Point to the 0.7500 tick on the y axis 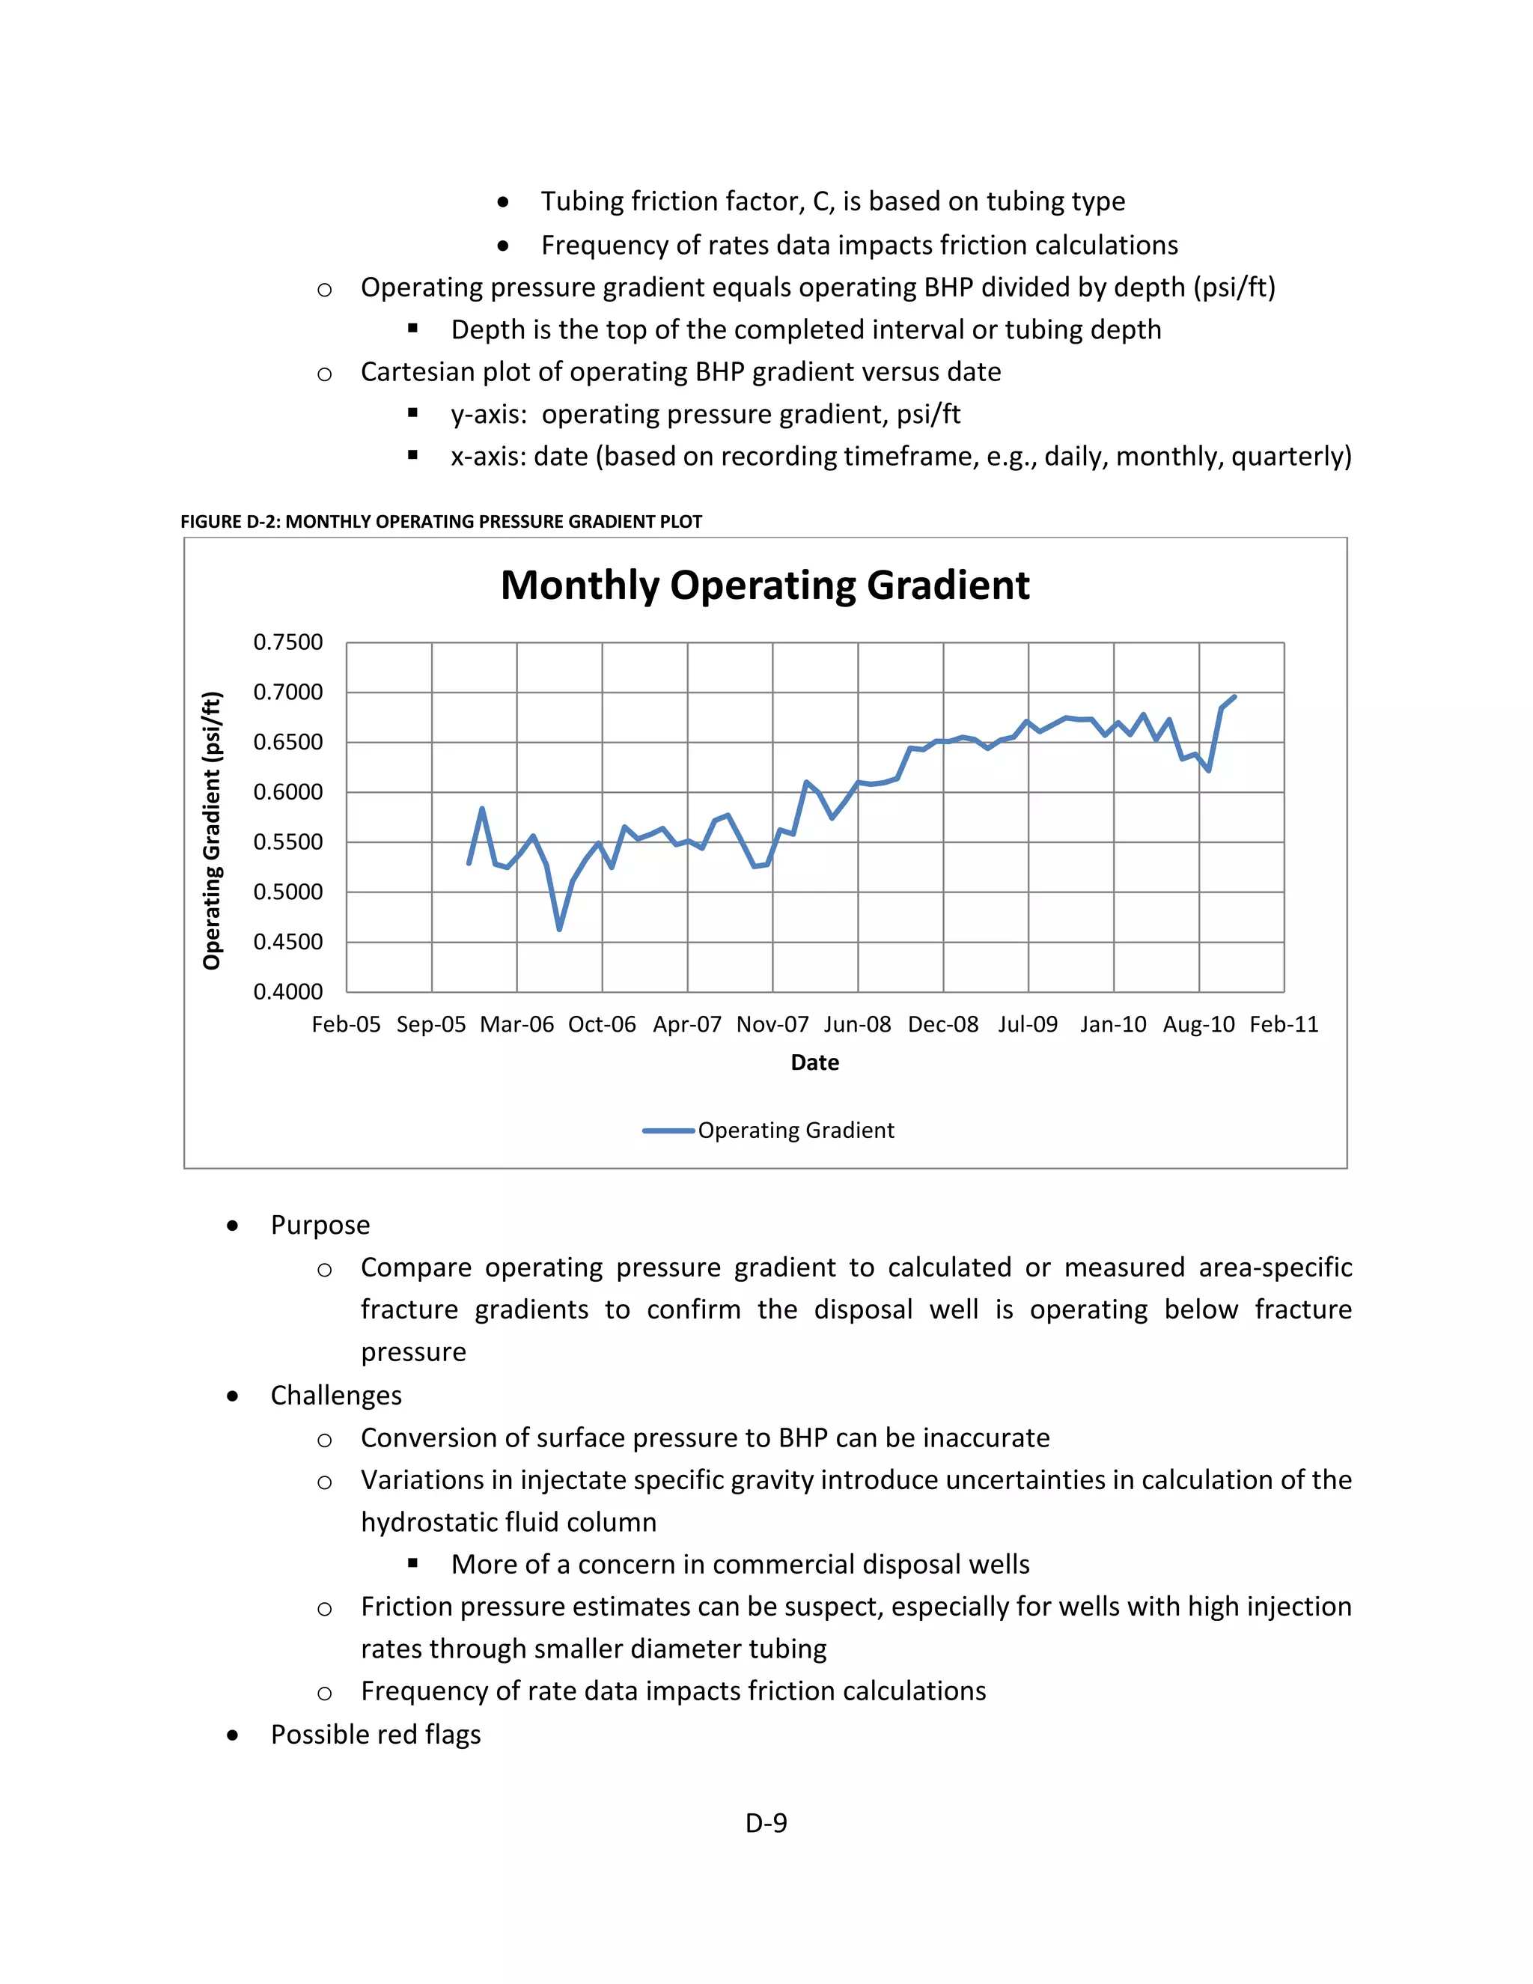pos(288,642)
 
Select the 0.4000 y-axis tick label pos(288,992)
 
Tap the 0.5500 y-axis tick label pos(288,842)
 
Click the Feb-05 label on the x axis pos(346,1025)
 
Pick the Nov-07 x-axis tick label pos(772,1025)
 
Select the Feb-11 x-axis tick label pos(1283,1025)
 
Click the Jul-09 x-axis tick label pos(1028,1025)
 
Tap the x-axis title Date pos(814,1063)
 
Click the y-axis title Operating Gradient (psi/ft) pos(212,830)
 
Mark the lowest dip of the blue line pos(559,929)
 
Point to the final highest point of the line pos(1234,697)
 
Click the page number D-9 pos(766,1823)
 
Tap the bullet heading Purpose pos(320,1226)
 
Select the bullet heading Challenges pos(336,1396)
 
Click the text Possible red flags pos(375,1735)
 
